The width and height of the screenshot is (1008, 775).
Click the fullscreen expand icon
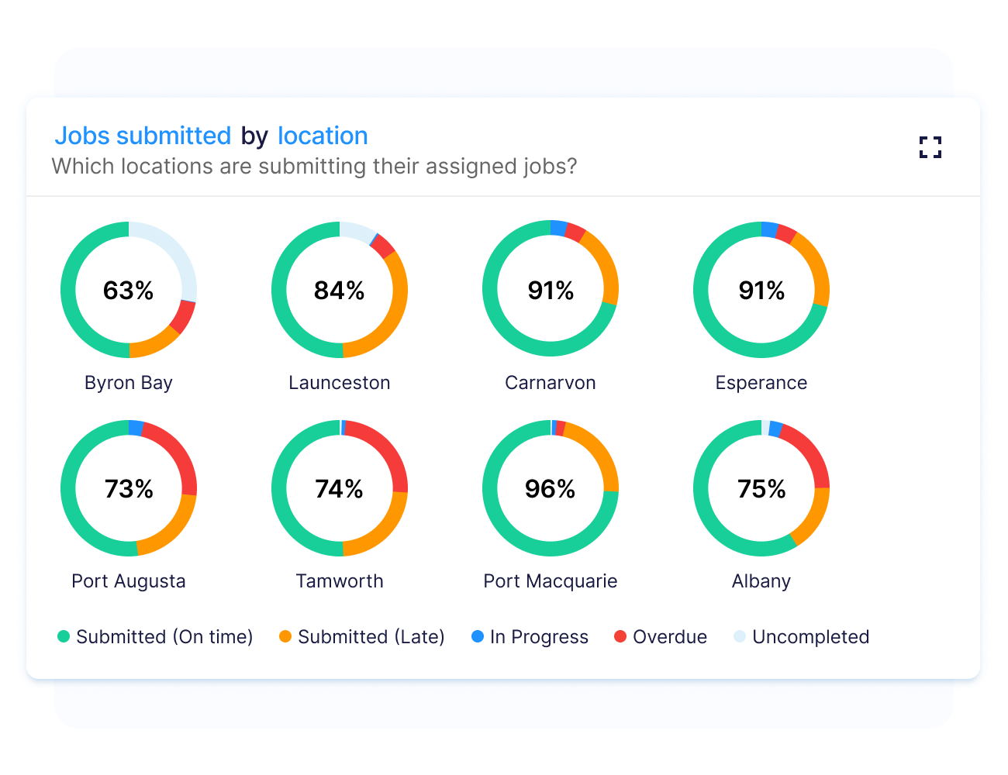[930, 147]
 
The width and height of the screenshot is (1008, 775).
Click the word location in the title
[323, 136]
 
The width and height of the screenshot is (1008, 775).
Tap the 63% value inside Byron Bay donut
[129, 291]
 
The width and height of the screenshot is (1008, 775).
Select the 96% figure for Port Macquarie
[551, 489]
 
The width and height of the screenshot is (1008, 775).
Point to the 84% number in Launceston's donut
[340, 291]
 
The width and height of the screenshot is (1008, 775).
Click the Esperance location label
[761, 383]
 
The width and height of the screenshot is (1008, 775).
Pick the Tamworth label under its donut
[340, 581]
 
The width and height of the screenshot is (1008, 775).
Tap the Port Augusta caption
[129, 581]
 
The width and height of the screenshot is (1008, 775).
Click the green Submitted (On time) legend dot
[64, 637]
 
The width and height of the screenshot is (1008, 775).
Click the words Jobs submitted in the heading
[143, 136]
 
